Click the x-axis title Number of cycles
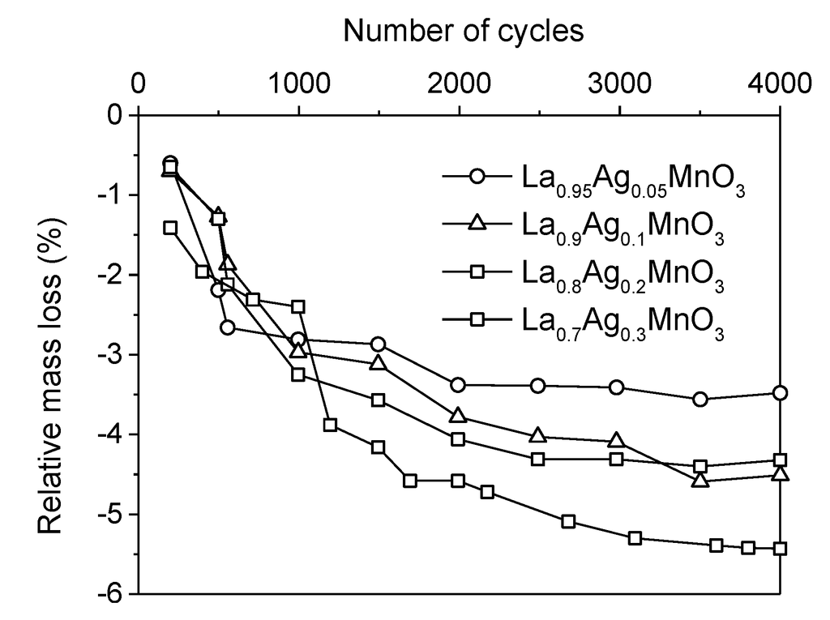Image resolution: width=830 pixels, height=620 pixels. [463, 30]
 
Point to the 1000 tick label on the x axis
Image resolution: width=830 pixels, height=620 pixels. [298, 83]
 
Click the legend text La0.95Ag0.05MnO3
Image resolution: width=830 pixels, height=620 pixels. [633, 180]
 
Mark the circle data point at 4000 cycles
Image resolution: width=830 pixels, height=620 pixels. [780, 393]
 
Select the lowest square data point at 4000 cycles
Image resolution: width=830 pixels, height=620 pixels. [780, 549]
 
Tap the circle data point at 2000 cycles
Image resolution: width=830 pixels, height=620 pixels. [458, 384]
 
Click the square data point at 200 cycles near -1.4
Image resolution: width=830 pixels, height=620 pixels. [170, 228]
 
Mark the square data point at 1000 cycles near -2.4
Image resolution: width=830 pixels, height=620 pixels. [298, 306]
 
